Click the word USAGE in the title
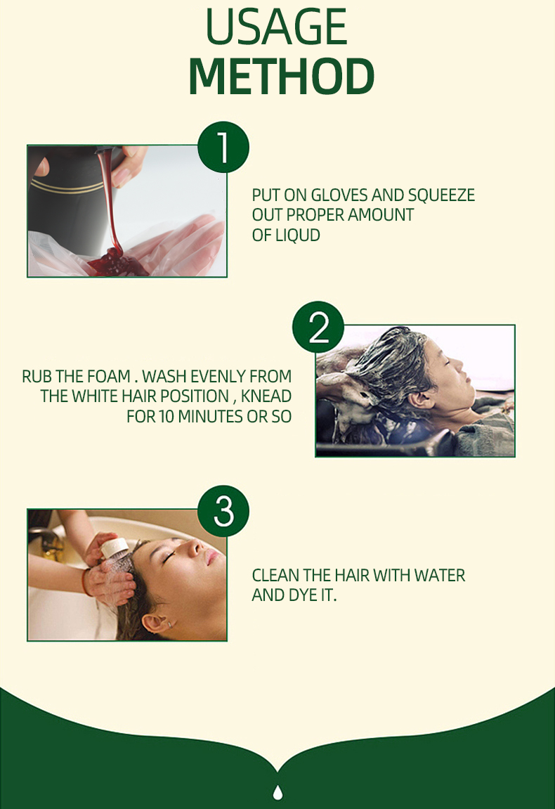pyautogui.click(x=277, y=26)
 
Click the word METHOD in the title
pyautogui.click(x=281, y=76)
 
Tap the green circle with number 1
pyautogui.click(x=223, y=147)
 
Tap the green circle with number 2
pyautogui.click(x=318, y=327)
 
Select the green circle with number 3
pyautogui.click(x=223, y=511)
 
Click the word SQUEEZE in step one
pyautogui.click(x=441, y=195)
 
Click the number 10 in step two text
pyautogui.click(x=166, y=416)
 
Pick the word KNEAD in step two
pyautogui.click(x=266, y=396)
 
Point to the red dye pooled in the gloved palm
pyautogui.click(x=117, y=263)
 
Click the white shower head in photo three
pyautogui.click(x=115, y=550)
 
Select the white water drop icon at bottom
pyautogui.click(x=277, y=791)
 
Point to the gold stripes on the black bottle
pyautogui.click(x=67, y=186)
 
